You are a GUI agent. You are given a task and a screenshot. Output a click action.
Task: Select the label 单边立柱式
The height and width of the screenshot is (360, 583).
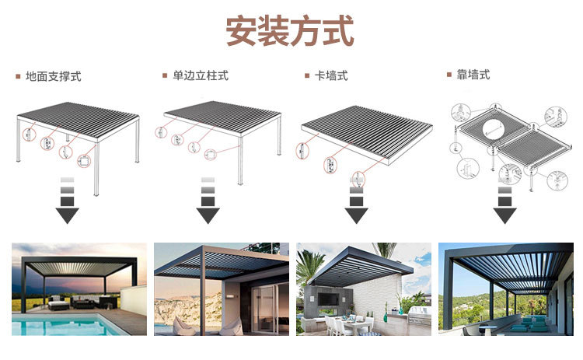click(x=201, y=75)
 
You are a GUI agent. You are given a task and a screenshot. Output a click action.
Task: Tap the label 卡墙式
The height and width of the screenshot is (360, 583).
click(x=330, y=75)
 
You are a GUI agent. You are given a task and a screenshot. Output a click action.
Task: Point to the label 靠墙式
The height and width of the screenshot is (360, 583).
click(x=473, y=75)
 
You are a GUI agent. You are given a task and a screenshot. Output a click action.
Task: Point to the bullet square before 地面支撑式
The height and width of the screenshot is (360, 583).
click(x=17, y=76)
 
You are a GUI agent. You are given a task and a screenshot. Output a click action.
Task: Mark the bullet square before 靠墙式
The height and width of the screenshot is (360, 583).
click(x=449, y=75)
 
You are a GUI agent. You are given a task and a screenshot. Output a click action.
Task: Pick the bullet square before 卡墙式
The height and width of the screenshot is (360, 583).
click(x=306, y=75)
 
